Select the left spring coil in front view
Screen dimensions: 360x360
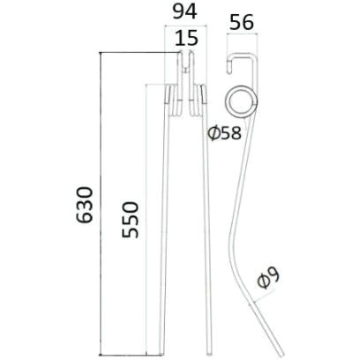coord(173,101)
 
